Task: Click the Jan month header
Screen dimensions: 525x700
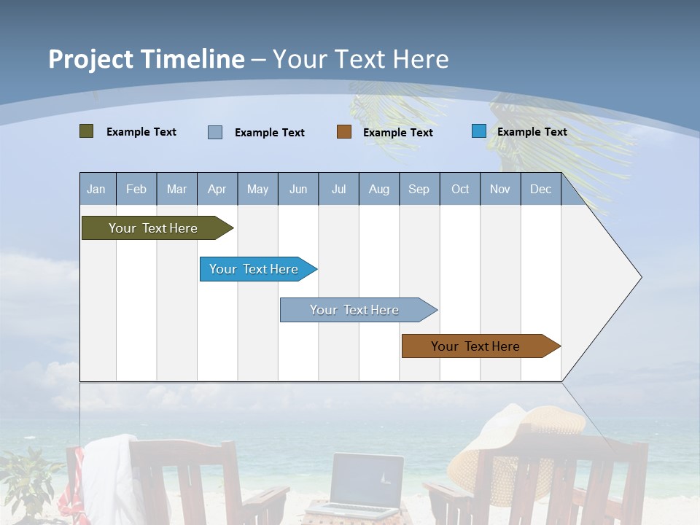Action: [x=96, y=189]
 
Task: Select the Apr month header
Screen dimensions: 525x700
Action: [x=217, y=189]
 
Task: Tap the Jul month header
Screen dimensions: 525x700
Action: [x=338, y=189]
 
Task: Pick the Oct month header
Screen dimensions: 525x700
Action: [x=460, y=189]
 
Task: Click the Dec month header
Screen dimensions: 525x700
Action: [x=540, y=189]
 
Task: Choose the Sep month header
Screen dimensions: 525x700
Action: [x=419, y=189]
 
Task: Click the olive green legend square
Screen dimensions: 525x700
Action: [x=86, y=131]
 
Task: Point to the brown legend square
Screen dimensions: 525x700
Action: [x=344, y=132]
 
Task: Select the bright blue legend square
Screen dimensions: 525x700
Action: [x=479, y=131]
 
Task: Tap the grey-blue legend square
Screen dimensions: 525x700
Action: [x=215, y=132]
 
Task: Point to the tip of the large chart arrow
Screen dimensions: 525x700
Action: [x=640, y=277]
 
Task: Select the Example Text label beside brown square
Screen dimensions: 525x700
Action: [x=397, y=132]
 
